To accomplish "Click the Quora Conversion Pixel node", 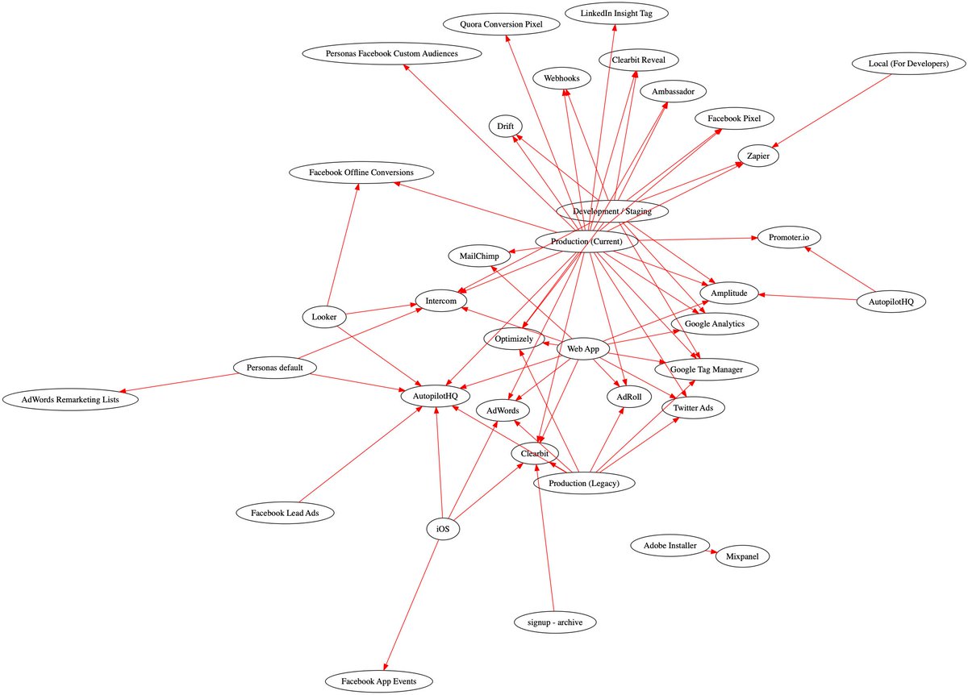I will [502, 24].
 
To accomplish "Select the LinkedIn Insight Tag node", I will [615, 13].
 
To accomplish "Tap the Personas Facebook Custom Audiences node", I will [391, 53].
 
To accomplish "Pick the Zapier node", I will [757, 156].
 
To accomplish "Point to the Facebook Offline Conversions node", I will [361, 173].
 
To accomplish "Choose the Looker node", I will [323, 317].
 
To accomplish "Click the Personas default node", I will [274, 368].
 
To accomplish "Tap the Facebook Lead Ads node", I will [281, 512].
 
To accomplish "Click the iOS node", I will [443, 529].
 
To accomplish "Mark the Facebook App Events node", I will [379, 681].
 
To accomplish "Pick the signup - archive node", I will [554, 622].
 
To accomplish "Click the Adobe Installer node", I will [670, 546].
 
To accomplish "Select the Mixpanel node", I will [742, 556].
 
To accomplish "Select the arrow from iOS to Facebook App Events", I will [411, 605].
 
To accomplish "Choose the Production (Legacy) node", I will [583, 483].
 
